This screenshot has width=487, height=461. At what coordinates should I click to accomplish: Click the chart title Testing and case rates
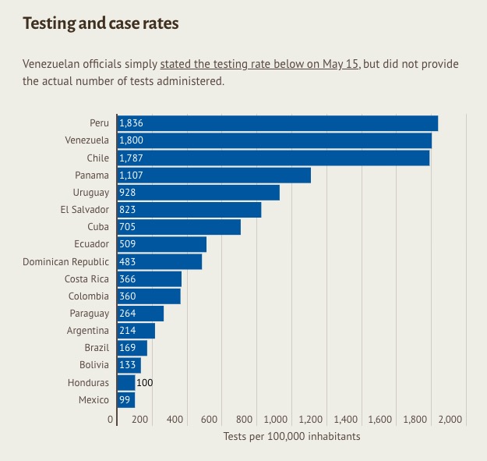[x=101, y=23]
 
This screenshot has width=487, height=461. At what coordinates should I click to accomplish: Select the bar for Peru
[x=277, y=123]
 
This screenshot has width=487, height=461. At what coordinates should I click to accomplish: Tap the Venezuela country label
[x=87, y=140]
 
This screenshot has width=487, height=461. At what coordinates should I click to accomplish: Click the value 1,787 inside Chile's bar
[x=131, y=158]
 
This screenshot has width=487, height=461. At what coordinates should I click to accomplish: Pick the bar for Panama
[x=214, y=175]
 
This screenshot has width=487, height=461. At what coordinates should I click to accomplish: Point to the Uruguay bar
[x=198, y=192]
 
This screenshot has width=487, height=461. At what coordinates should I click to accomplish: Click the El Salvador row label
[x=84, y=209]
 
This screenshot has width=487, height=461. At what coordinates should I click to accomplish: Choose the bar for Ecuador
[x=161, y=244]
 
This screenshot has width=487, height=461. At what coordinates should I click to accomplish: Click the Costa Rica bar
[x=149, y=278]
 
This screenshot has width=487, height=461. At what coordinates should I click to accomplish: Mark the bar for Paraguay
[x=140, y=313]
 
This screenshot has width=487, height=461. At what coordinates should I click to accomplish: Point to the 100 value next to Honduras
[x=145, y=382]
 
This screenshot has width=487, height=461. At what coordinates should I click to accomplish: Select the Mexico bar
[x=125, y=399]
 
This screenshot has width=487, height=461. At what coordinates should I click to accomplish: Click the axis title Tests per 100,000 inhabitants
[x=291, y=436]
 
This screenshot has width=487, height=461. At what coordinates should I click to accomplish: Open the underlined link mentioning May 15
[x=259, y=64]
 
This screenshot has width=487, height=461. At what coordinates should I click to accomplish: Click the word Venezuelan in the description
[x=51, y=64]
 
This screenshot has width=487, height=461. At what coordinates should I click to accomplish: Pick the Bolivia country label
[x=94, y=365]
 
